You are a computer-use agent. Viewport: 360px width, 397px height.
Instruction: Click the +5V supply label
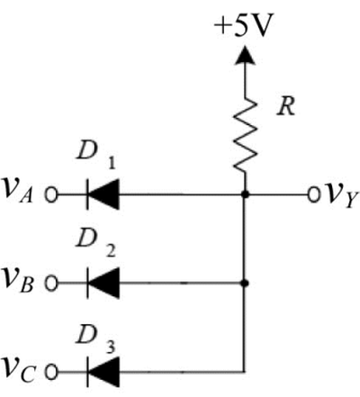coord(244,25)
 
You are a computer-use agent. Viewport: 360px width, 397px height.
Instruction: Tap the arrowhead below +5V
coord(245,55)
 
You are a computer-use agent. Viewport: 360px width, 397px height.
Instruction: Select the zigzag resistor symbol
coord(245,135)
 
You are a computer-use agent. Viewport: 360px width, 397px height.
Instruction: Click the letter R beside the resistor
coord(286,106)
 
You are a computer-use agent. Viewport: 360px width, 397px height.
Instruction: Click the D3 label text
coord(96,338)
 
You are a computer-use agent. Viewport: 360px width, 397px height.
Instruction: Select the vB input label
coord(19,280)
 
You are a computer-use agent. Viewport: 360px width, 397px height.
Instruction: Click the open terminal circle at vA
coord(51,194)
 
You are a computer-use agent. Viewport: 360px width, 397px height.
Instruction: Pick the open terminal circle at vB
coord(51,284)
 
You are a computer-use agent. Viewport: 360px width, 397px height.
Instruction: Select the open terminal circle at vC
coord(51,373)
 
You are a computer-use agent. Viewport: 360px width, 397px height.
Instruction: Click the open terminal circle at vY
coord(314,194)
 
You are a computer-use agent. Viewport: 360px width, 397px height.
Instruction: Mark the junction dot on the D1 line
coord(245,194)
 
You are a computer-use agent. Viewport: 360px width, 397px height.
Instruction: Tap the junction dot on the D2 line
coord(245,283)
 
